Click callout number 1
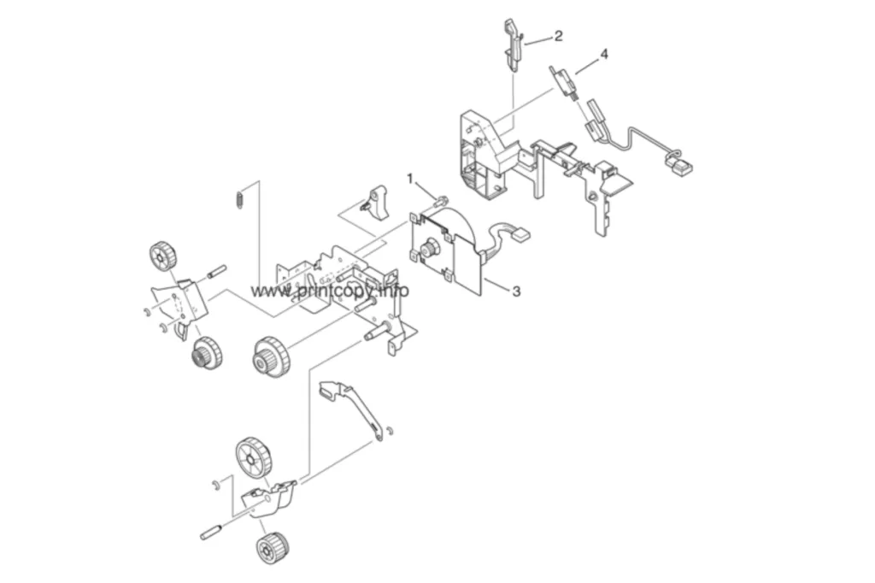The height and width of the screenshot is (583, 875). pos(410,179)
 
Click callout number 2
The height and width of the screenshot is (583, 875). pos(558,36)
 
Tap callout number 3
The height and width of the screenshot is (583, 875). pos(516,291)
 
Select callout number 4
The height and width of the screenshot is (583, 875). pos(603,54)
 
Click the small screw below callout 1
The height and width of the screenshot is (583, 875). pos(442,198)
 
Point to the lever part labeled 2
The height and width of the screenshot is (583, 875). pos(514,44)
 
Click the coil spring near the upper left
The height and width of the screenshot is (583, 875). pos(238,200)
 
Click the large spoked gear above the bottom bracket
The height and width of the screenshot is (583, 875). pos(254,458)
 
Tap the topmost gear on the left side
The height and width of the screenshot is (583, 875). pos(163,256)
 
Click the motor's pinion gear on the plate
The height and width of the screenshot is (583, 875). pos(429,247)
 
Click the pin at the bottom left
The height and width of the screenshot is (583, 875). pos(212,531)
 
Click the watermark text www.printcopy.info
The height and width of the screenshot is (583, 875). pos(329,291)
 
